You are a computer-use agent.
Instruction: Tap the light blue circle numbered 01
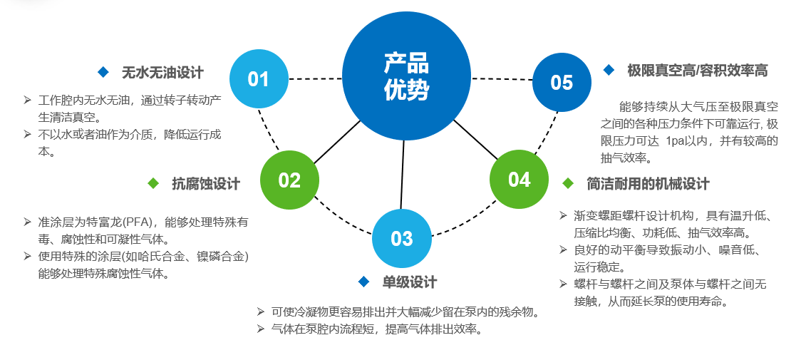tap(259, 78)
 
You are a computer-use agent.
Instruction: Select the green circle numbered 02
tap(289, 180)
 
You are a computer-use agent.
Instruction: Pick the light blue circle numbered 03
tap(402, 238)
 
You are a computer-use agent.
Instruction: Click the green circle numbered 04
tap(519, 179)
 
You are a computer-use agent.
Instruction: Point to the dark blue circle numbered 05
tap(562, 82)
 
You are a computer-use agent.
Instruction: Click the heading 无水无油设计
tap(162, 72)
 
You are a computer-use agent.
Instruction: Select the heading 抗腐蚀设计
tap(206, 183)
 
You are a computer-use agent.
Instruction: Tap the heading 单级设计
tap(410, 282)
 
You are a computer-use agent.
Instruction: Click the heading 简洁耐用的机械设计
tap(648, 183)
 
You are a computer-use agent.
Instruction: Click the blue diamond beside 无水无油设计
tap(103, 72)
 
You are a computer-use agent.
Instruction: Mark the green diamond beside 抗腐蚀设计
tap(153, 183)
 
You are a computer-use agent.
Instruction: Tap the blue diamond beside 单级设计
tap(364, 282)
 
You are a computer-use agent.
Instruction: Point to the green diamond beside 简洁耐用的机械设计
tap(568, 183)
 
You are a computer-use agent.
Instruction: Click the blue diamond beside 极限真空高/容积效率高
tap(609, 70)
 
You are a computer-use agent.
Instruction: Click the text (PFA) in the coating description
tap(145, 222)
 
